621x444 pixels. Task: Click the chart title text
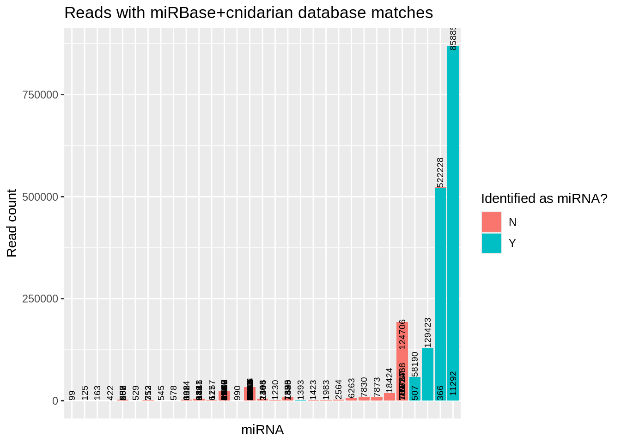coord(249,13)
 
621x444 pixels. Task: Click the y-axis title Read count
coord(12,223)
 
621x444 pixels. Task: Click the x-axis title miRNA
coord(262,430)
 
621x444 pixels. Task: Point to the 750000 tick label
coord(40,95)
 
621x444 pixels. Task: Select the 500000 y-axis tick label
coord(40,197)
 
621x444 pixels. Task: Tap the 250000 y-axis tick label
coord(40,299)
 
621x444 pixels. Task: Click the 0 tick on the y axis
coord(55,401)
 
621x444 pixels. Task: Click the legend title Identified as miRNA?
coord(544,199)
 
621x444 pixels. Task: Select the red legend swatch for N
coord(491,222)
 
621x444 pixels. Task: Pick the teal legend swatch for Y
coord(491,243)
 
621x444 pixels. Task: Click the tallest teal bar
coord(453,222)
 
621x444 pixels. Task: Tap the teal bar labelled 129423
coord(427,375)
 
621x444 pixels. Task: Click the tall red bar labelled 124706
coord(402,361)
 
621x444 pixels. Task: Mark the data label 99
coord(72,395)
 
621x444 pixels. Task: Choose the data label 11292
coord(453,383)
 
